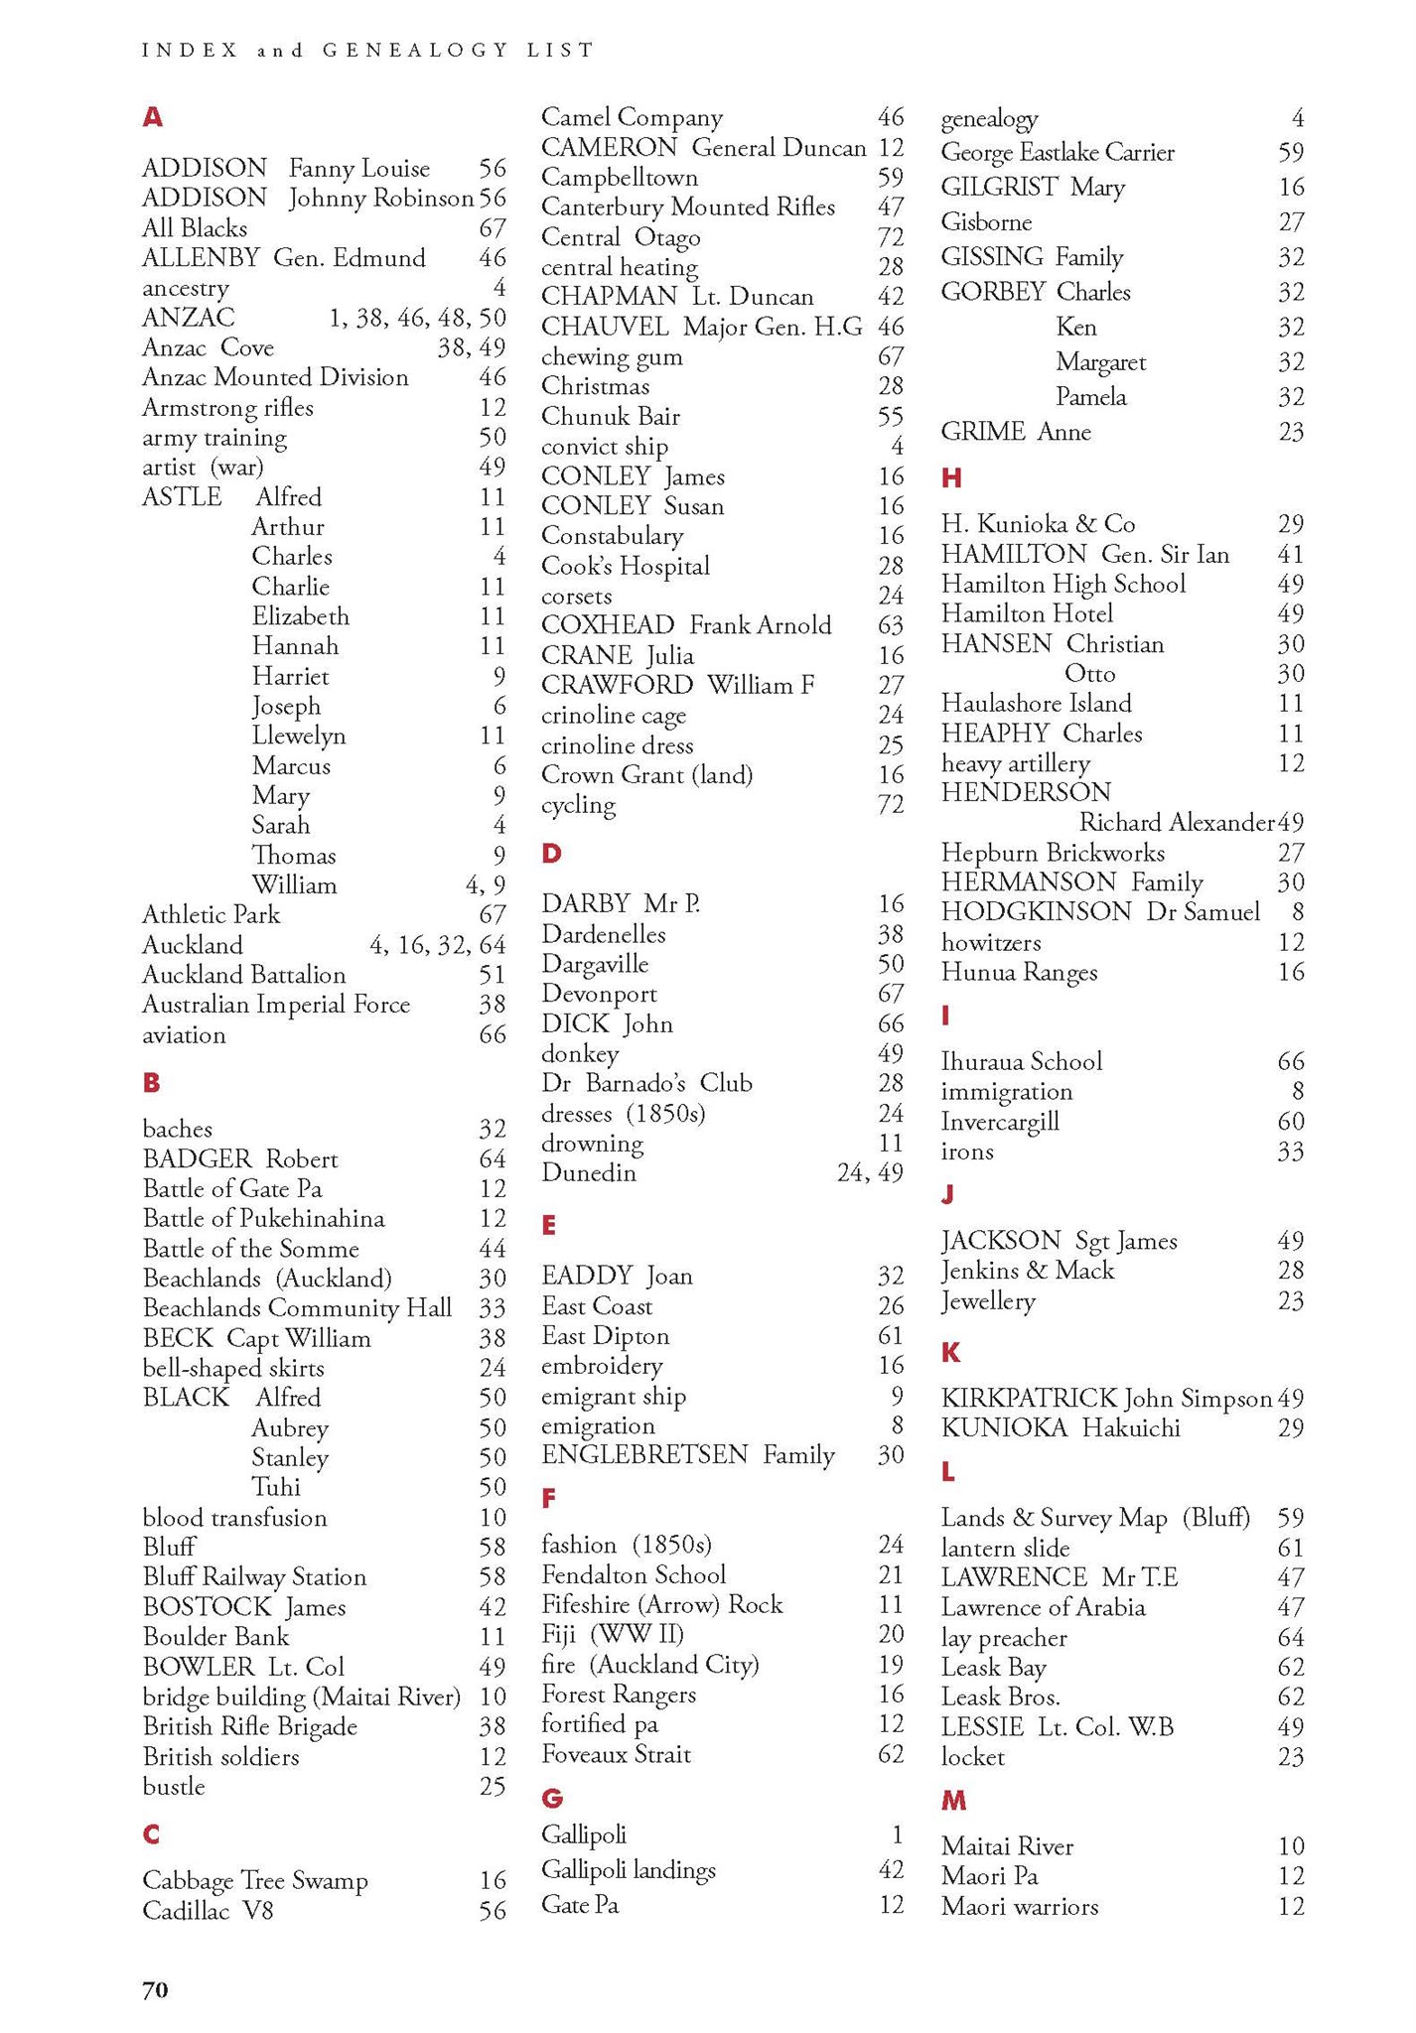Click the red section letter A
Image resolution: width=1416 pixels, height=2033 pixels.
click(x=152, y=117)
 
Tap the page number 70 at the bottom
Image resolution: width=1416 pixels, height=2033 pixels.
click(x=156, y=1988)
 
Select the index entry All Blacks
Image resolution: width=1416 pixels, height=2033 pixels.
click(x=195, y=228)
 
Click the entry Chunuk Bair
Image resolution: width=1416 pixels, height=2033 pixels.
click(x=611, y=416)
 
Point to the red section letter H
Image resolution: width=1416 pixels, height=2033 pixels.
click(x=951, y=478)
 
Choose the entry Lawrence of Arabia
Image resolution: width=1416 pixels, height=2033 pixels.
click(x=1043, y=1607)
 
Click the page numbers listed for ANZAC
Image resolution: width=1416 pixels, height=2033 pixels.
click(x=417, y=318)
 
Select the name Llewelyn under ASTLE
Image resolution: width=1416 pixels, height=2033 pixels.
click(x=299, y=736)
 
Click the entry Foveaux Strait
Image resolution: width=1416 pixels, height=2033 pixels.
click(x=616, y=1754)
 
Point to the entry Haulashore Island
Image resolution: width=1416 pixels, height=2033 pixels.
click(x=1036, y=704)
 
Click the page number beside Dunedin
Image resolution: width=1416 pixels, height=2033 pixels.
click(x=870, y=1172)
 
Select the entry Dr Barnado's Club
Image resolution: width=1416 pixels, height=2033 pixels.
click(x=646, y=1083)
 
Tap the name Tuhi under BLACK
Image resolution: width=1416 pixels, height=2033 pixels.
click(x=276, y=1487)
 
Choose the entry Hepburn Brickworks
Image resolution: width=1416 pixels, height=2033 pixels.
click(x=1053, y=853)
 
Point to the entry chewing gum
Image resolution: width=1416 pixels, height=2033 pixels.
click(x=612, y=356)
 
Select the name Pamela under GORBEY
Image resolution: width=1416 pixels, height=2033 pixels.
click(x=1091, y=397)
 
